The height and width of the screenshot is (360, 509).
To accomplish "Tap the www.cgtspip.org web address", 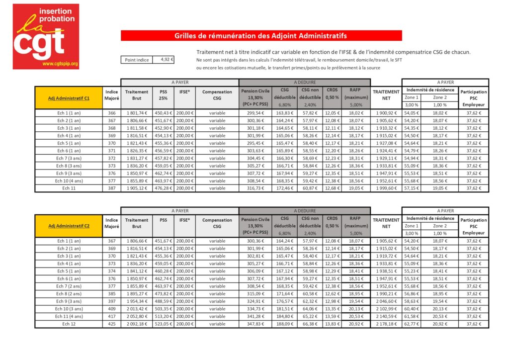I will [x=60, y=64].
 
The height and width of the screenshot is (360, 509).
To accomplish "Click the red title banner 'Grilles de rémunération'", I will [x=261, y=36].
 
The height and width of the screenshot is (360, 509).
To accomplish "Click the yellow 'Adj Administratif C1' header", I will [x=69, y=98].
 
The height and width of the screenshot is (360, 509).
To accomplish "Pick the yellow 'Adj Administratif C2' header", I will [x=69, y=226].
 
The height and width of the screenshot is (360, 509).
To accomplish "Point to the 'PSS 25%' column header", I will [x=163, y=95].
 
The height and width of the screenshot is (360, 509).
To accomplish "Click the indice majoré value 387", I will [x=112, y=188].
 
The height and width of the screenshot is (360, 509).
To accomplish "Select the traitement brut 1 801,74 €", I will [x=137, y=113].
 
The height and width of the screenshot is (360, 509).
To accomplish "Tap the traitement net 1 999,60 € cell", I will [x=386, y=188].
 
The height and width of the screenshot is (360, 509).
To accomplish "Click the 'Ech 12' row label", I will [x=69, y=324].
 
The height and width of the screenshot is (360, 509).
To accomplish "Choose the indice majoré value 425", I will [x=112, y=324].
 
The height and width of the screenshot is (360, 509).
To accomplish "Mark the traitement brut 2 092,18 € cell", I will [x=137, y=324].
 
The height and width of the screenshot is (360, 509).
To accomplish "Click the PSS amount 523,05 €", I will [x=163, y=324].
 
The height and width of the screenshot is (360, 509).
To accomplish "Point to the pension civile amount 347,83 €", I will [x=255, y=324].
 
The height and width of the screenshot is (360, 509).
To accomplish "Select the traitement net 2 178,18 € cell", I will [x=386, y=324].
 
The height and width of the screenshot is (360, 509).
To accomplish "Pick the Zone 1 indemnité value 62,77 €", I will [x=411, y=324].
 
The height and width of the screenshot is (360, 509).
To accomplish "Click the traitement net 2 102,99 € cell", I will [x=386, y=309].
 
